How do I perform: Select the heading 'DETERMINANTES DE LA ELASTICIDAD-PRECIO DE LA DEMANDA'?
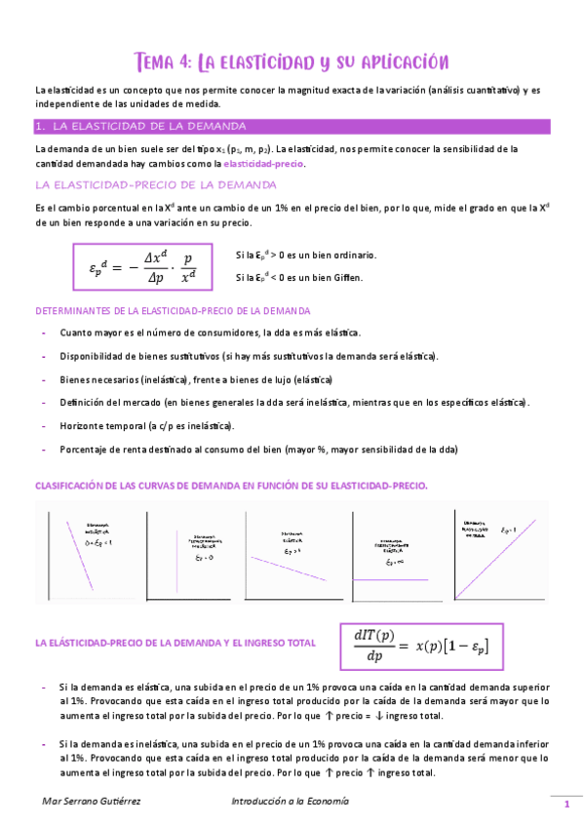(x=173, y=311)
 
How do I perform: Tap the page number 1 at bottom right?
(x=565, y=804)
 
